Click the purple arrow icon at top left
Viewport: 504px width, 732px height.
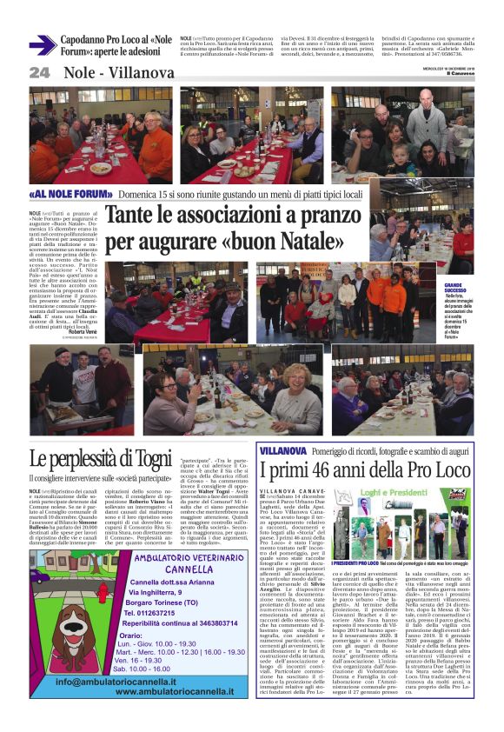[43, 45]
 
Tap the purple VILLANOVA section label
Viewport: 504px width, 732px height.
[283, 452]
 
